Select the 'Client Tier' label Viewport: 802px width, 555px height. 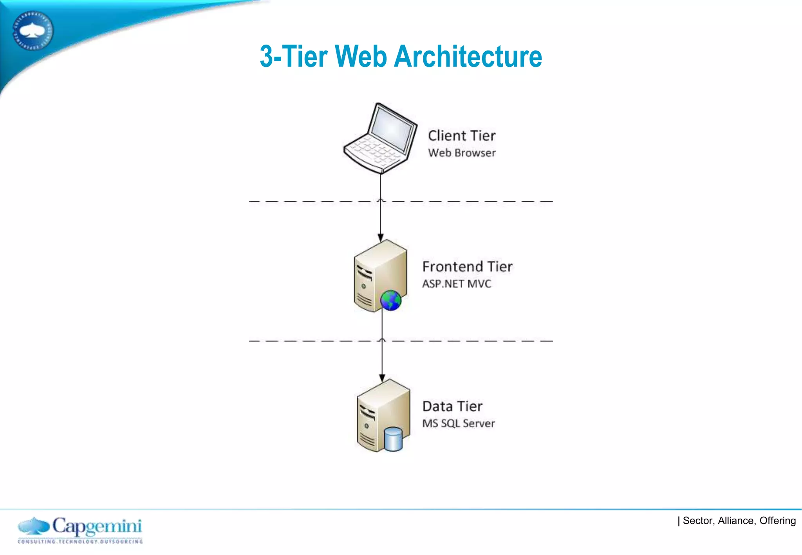[x=462, y=136]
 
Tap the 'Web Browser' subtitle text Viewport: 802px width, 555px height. [x=462, y=153]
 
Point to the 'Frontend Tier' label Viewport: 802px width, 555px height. [x=467, y=267]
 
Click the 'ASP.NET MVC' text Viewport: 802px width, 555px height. [x=457, y=284]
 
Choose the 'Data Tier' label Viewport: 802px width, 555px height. [x=452, y=406]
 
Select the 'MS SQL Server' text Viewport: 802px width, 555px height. [x=459, y=423]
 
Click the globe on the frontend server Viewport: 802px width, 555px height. [x=391, y=301]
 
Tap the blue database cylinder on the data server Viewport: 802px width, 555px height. [x=393, y=439]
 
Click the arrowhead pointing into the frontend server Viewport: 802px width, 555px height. [x=381, y=238]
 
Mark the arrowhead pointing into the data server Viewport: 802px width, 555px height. [x=382, y=378]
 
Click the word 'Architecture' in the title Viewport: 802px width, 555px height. [x=468, y=56]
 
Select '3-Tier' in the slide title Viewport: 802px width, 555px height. [x=294, y=56]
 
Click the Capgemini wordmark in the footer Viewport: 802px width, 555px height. [x=97, y=526]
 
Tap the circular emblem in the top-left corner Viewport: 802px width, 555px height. [x=33, y=31]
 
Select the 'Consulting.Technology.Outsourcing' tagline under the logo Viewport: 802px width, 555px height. [x=80, y=542]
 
